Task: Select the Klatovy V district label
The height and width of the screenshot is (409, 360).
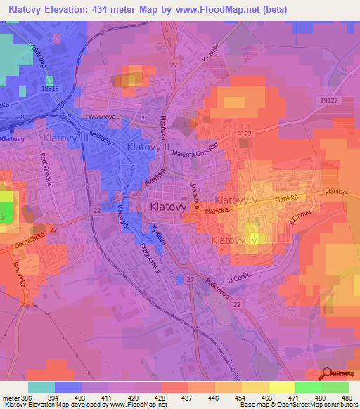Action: click(238, 200)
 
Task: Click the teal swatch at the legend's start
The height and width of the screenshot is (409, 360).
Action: click(41, 387)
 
